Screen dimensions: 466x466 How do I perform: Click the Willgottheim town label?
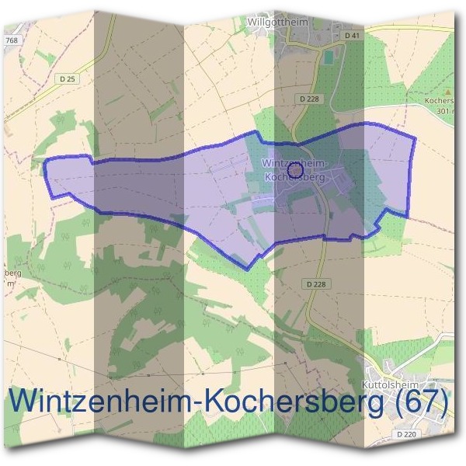pyautogui.click(x=277, y=23)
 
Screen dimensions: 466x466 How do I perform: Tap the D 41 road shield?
pyautogui.click(x=353, y=37)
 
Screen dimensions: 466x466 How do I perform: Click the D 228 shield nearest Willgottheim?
pyautogui.click(x=309, y=99)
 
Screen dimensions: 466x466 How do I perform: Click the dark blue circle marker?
pyautogui.click(x=294, y=170)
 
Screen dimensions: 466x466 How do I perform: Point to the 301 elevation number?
pyautogui.click(x=443, y=111)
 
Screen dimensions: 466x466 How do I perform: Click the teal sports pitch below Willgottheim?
pyautogui.click(x=329, y=57)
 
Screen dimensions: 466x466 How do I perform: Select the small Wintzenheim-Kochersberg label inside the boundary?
pyautogui.click(x=295, y=170)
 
